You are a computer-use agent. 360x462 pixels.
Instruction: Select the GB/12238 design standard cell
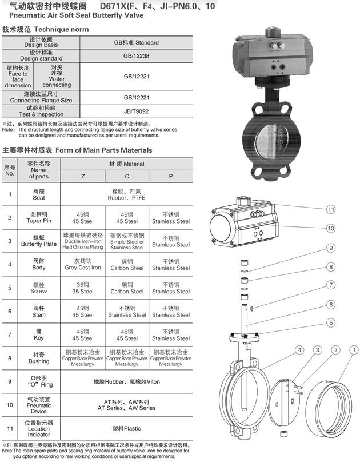(141, 57)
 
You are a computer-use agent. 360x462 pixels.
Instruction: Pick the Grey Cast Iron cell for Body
(83, 265)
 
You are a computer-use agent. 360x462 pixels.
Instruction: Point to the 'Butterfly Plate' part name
(39, 241)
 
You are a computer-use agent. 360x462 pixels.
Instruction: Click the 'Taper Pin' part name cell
(39, 218)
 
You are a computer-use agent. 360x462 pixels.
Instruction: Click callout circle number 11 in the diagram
(330, 209)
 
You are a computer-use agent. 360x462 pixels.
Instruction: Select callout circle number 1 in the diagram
(354, 349)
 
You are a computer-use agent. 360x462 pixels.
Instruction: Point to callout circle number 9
(330, 248)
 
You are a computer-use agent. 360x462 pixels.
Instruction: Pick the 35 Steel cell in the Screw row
(83, 288)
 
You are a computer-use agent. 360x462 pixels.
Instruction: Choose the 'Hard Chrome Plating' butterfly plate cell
(83, 241)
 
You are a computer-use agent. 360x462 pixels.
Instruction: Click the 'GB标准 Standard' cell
(141, 42)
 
